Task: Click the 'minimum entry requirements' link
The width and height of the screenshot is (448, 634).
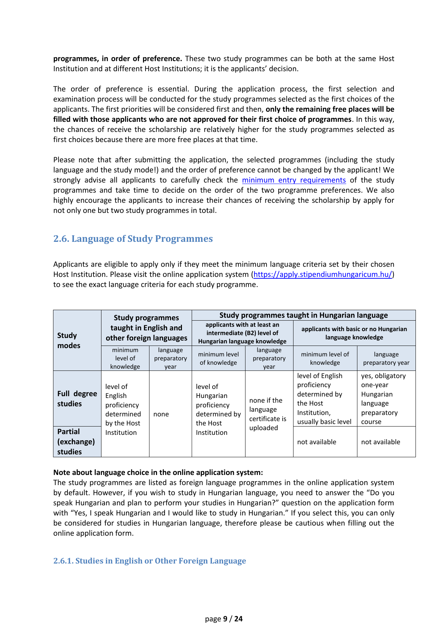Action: (x=294, y=180)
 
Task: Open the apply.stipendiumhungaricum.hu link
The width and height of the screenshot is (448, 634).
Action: (x=323, y=274)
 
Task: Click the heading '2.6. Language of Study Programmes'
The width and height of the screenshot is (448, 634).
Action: (x=133, y=239)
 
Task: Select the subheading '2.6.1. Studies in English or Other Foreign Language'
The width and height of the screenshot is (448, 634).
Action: (x=149, y=561)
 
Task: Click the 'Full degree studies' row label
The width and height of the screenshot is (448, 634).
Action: (x=77, y=399)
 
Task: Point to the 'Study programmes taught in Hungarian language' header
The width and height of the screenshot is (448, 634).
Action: (x=303, y=315)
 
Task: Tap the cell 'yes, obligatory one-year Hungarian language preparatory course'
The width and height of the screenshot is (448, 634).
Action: (x=386, y=399)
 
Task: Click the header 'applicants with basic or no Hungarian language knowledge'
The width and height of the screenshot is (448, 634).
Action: (x=354, y=333)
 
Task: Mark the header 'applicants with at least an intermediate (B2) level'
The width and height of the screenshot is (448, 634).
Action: (x=242, y=333)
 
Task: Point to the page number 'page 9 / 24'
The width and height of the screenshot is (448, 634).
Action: (x=224, y=619)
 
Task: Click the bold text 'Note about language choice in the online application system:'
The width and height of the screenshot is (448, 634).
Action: (x=158, y=472)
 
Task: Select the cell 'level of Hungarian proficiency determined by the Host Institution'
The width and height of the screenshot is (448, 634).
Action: (x=218, y=410)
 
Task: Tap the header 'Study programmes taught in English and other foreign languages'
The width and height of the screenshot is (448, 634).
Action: (x=147, y=328)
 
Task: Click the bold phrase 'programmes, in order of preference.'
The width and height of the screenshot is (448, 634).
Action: (x=118, y=59)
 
